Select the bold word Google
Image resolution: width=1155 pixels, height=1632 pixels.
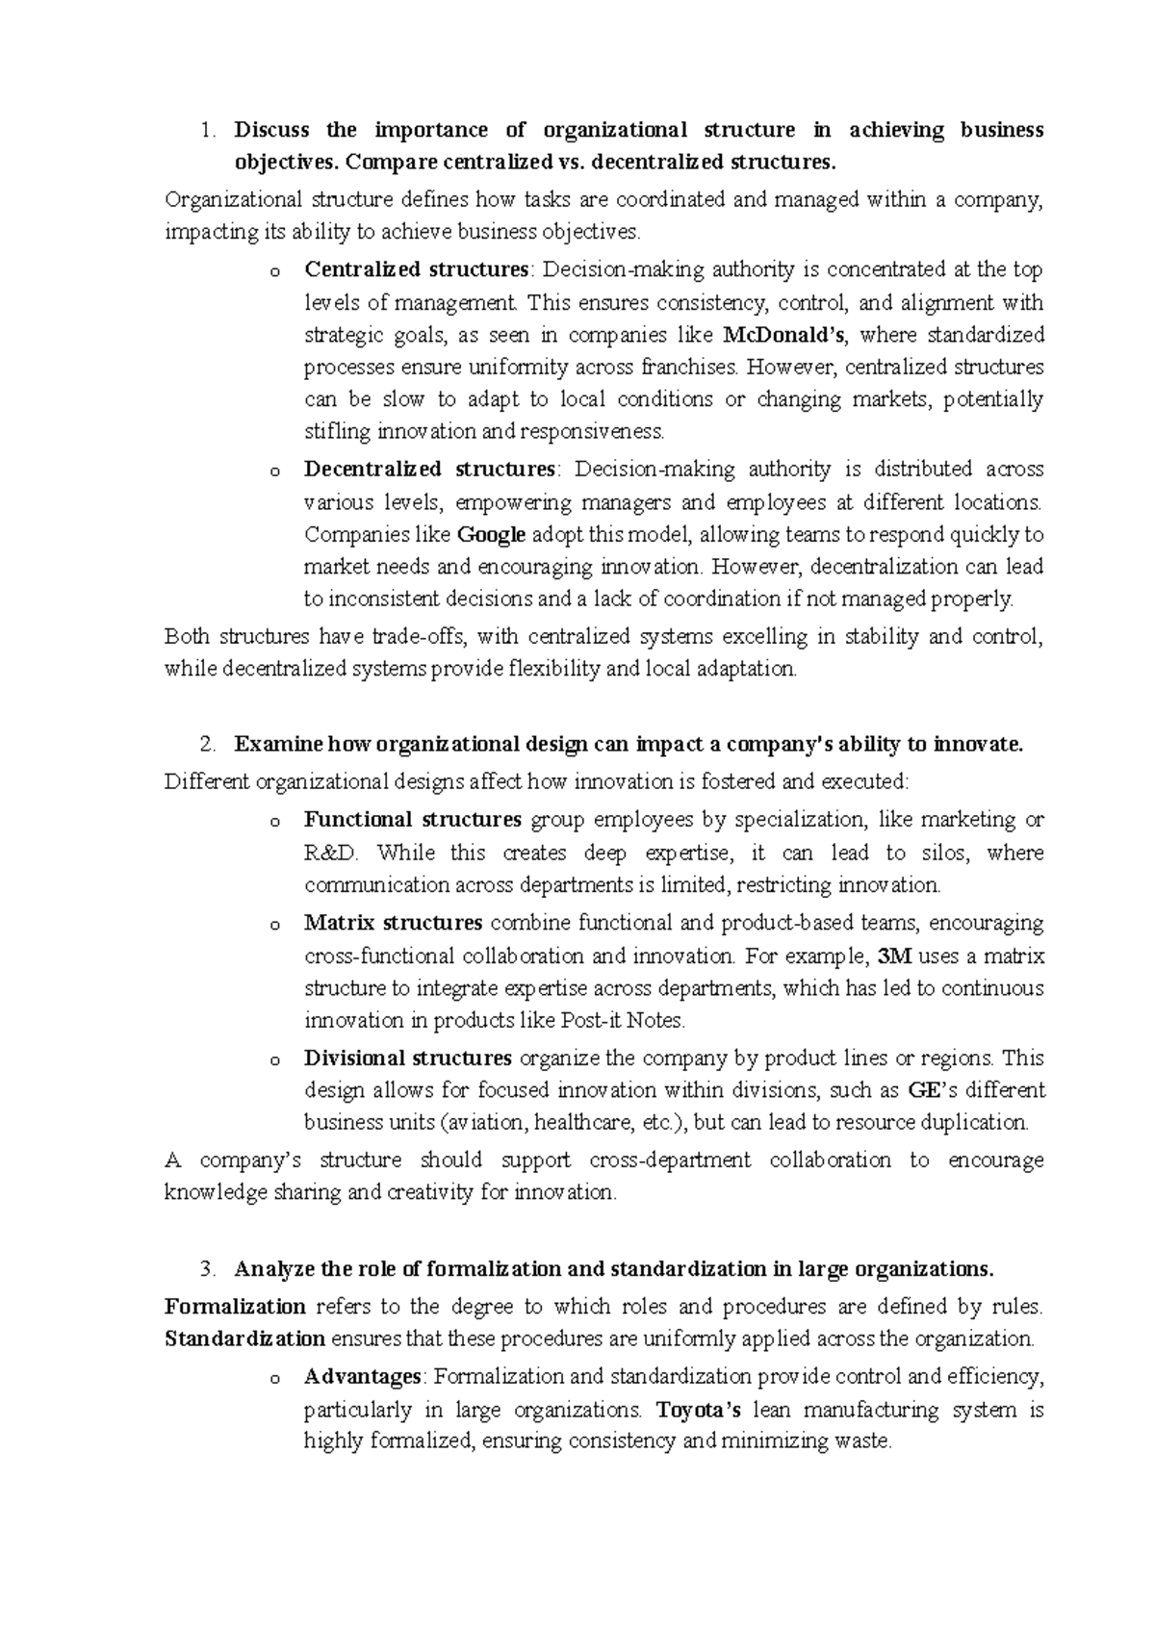click(x=491, y=534)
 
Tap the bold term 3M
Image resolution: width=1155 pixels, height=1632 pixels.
click(x=895, y=956)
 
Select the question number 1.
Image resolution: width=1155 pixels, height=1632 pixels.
click(x=205, y=130)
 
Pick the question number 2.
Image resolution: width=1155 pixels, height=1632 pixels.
click(x=205, y=744)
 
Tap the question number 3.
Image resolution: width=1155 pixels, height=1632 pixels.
click(x=205, y=1268)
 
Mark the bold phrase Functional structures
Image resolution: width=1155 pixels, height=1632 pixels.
click(x=413, y=820)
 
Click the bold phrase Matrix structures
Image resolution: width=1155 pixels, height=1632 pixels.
click(x=393, y=923)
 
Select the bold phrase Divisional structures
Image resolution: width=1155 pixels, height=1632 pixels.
click(x=407, y=1058)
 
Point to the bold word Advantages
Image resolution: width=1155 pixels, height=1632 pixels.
click(x=362, y=1377)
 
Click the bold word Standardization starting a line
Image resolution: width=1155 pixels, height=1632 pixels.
click(x=244, y=1339)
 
